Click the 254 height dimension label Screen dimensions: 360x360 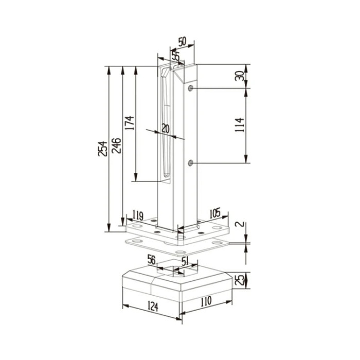coord(103,149)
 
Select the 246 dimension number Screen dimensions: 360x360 coord(116,146)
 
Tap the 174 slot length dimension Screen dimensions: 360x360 coord(130,123)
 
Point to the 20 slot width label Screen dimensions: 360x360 coord(166,129)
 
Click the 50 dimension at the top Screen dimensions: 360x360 coord(182,42)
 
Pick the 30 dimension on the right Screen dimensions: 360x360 coord(240,76)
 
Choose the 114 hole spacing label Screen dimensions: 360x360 coord(240,125)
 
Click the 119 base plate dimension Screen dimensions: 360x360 coord(138,215)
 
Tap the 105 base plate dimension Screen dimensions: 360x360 coord(215,213)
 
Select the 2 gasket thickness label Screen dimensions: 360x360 coord(241,224)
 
